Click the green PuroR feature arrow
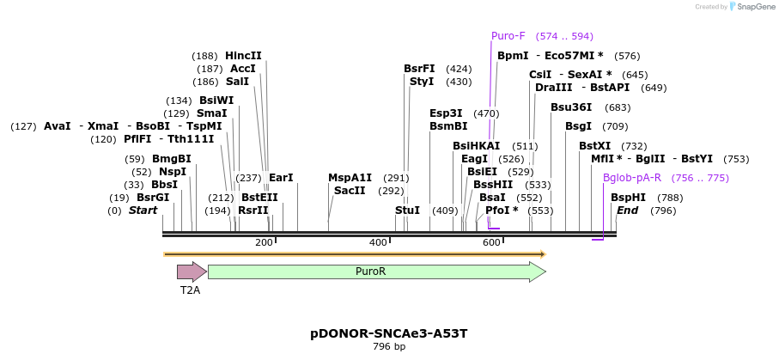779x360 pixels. (376, 272)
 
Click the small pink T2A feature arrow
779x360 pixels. (191, 272)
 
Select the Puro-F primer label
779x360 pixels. (508, 36)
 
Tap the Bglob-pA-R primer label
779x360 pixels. (631, 178)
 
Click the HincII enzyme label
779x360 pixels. (243, 56)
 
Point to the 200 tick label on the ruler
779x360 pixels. (264, 243)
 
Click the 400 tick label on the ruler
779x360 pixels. (378, 243)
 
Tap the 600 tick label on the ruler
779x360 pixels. (491, 243)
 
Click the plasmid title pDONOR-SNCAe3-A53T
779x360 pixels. (389, 333)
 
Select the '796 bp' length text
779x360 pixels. (389, 347)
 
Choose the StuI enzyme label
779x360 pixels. (407, 211)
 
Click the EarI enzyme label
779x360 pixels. (281, 178)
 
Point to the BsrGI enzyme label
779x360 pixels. (153, 198)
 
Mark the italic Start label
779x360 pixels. (143, 211)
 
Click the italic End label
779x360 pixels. (627, 211)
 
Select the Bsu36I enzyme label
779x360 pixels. (571, 107)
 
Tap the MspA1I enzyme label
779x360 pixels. (350, 178)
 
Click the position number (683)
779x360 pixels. (618, 107)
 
